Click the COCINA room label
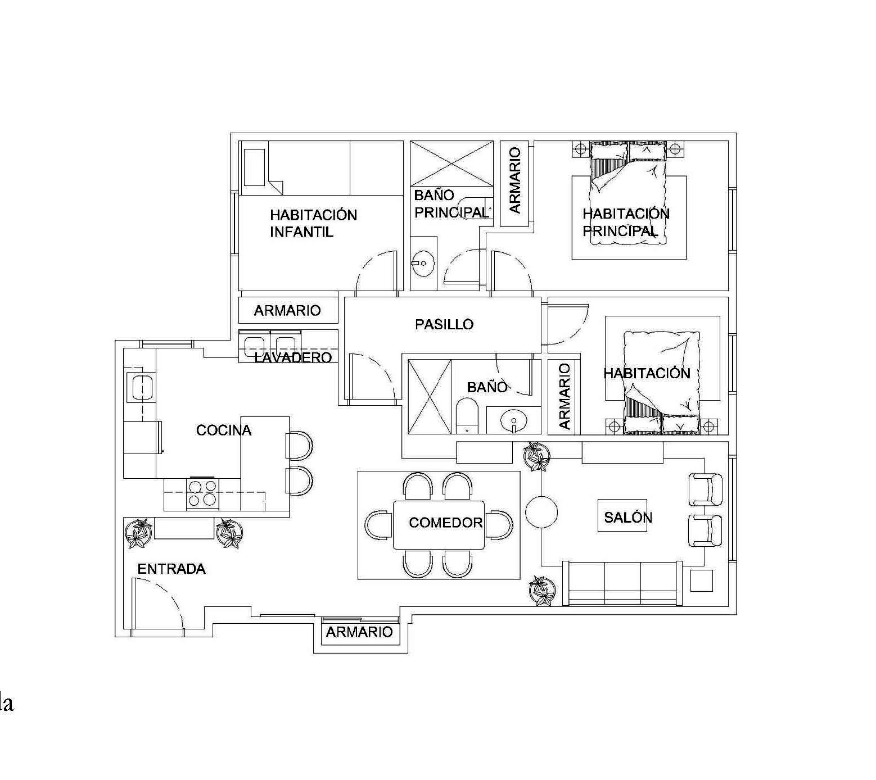pyautogui.click(x=224, y=430)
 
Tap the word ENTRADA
pyautogui.click(x=171, y=569)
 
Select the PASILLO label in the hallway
pyautogui.click(x=444, y=324)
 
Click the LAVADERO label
pyautogui.click(x=293, y=357)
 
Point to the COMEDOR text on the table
pyautogui.click(x=446, y=523)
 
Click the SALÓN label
pyautogui.click(x=628, y=517)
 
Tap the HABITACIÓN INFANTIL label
pyautogui.click(x=313, y=223)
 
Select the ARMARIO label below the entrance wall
pyautogui.click(x=359, y=632)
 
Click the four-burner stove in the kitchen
pyautogui.click(x=202, y=493)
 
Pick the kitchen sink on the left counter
pyautogui.click(x=139, y=387)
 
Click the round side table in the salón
pyautogui.click(x=541, y=512)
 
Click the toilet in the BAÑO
pyautogui.click(x=466, y=416)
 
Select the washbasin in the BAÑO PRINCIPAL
pyautogui.click(x=422, y=262)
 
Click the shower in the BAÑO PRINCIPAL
pyautogui.click(x=451, y=163)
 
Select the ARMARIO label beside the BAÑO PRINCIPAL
pyautogui.click(x=515, y=180)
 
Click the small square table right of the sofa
pyautogui.click(x=701, y=581)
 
